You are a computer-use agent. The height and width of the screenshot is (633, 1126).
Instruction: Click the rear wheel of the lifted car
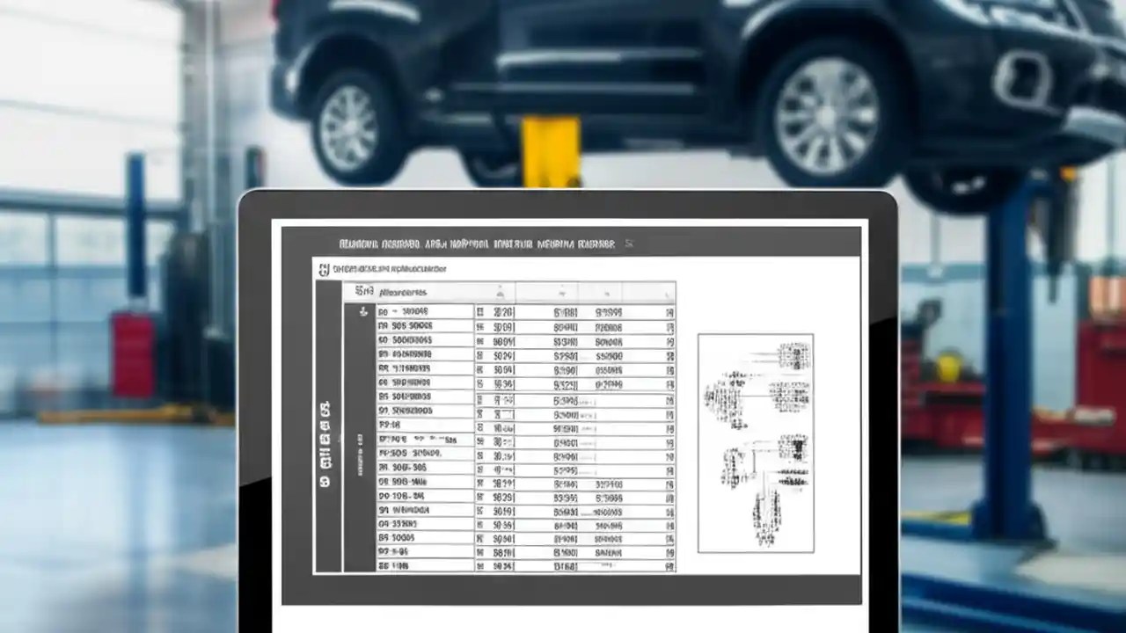(x=348, y=128)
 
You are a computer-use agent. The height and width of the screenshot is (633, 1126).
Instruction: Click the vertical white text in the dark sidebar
(x=325, y=444)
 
